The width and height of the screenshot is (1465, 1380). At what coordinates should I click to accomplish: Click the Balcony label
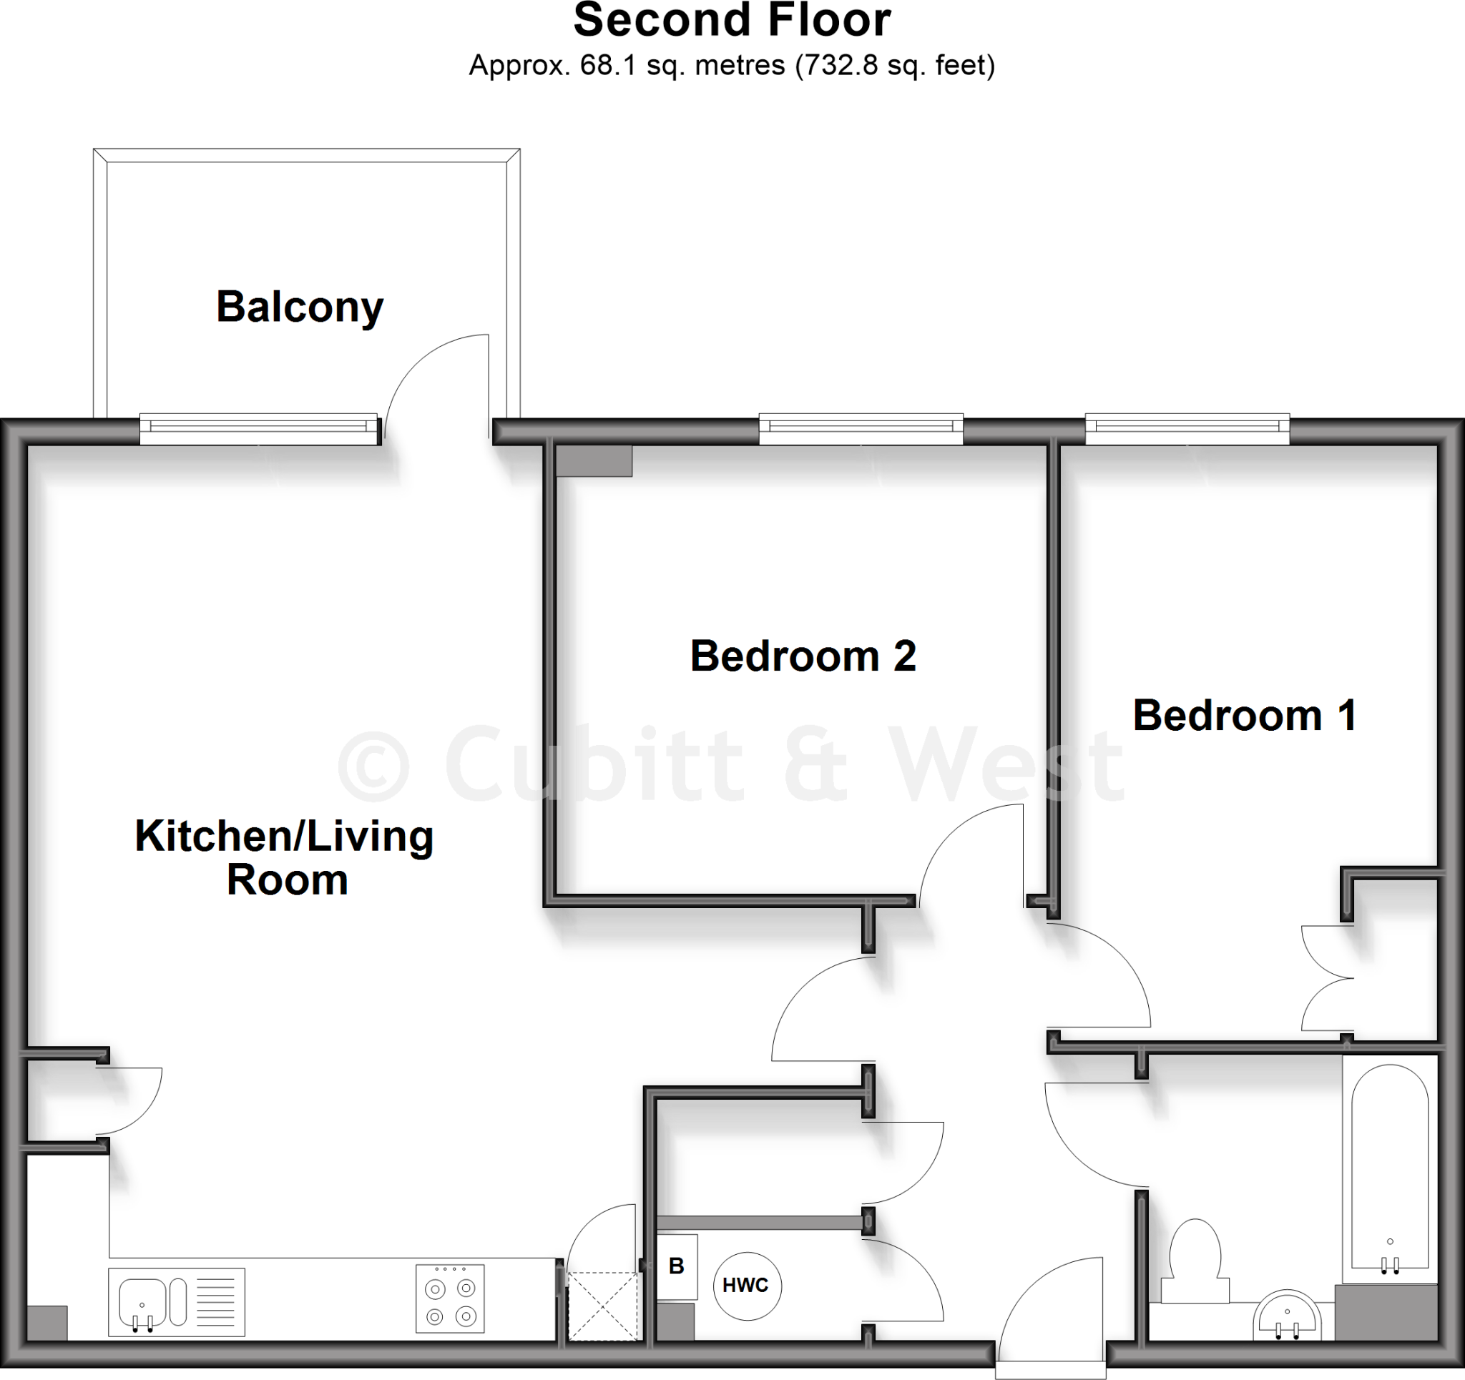pyautogui.click(x=299, y=307)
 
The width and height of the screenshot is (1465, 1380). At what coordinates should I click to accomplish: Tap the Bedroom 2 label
pyautogui.click(x=803, y=656)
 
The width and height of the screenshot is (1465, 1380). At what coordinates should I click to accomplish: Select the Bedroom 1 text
pyautogui.click(x=1245, y=716)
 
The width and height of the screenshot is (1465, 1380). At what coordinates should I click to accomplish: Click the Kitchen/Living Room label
pyautogui.click(x=285, y=857)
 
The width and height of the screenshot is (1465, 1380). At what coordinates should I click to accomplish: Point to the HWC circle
pyautogui.click(x=747, y=1286)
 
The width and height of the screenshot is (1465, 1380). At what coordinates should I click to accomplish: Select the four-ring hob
pyautogui.click(x=450, y=1299)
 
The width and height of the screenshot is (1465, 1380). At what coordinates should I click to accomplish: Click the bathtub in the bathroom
pyautogui.click(x=1390, y=1171)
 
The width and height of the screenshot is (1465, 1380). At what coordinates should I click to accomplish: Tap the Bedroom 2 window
pyautogui.click(x=861, y=428)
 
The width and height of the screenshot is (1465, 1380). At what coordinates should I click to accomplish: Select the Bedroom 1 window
pyautogui.click(x=1187, y=428)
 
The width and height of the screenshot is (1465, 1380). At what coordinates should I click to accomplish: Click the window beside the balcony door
pyautogui.click(x=260, y=428)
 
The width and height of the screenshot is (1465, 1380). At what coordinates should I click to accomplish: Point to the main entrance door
pyautogui.click(x=1050, y=1319)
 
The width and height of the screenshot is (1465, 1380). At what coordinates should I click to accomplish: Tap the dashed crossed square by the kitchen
pyautogui.click(x=603, y=1307)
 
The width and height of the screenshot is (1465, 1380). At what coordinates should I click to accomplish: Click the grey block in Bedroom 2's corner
pyautogui.click(x=594, y=461)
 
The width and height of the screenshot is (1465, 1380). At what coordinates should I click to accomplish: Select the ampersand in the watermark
pyautogui.click(x=816, y=764)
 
